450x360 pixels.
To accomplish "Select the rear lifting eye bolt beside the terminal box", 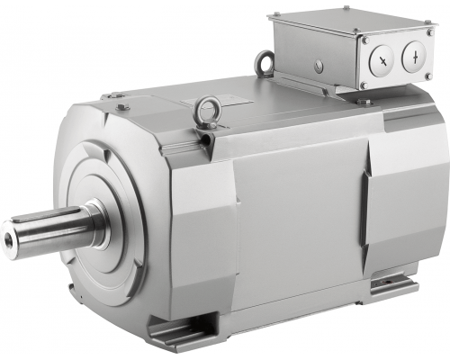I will coord(265,62).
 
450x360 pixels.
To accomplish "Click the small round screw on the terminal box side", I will coord(319,64).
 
